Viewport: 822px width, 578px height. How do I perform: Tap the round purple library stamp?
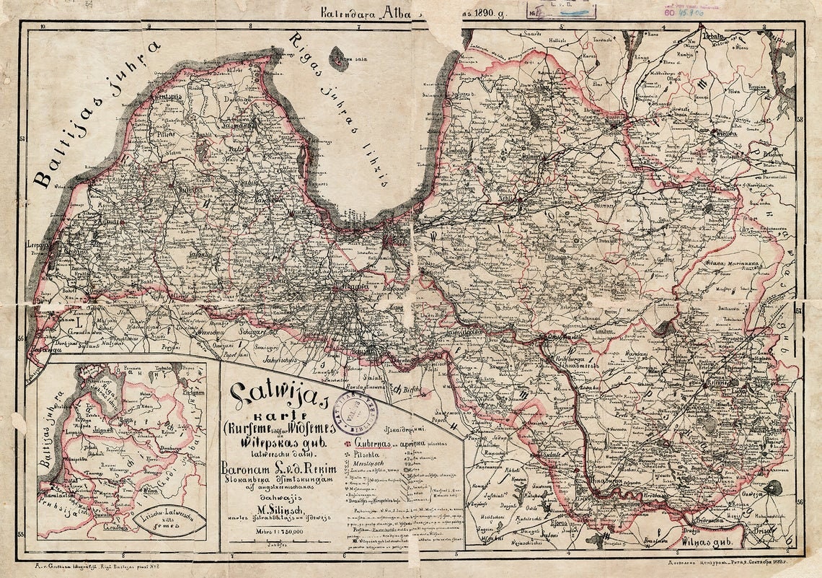[x=363, y=413]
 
